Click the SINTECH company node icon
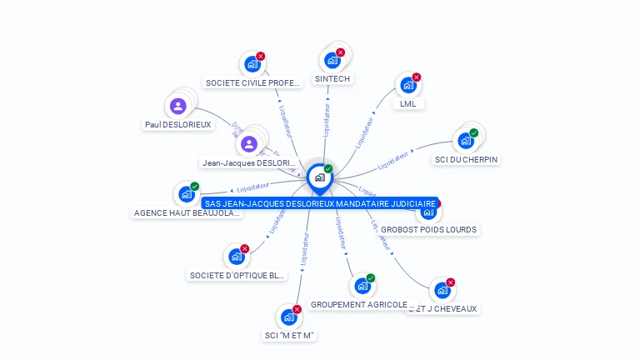click(332, 60)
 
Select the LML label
click(407, 104)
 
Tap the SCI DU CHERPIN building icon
click(465, 140)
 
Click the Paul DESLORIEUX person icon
click(177, 106)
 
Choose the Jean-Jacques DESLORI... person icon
click(248, 144)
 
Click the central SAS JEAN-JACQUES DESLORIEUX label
click(319, 203)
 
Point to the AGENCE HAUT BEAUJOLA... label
click(187, 212)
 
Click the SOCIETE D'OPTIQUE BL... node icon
click(236, 257)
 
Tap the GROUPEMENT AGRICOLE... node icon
click(362, 286)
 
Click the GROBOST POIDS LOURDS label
click(428, 229)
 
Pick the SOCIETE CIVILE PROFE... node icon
click(251, 63)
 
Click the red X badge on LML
click(417, 77)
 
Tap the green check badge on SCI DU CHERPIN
click(474, 132)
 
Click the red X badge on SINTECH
click(340, 52)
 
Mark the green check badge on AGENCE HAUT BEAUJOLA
click(195, 186)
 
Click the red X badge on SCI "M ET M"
click(297, 309)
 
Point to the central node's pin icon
click(319, 177)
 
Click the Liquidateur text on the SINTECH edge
click(327, 119)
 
